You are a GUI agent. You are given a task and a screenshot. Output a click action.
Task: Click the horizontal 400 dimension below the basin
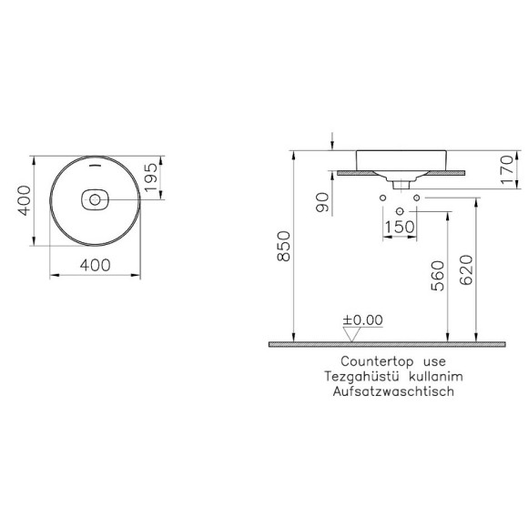click(96, 265)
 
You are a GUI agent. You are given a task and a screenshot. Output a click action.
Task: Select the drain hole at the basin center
click(96, 198)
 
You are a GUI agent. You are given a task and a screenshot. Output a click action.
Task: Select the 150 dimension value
click(400, 226)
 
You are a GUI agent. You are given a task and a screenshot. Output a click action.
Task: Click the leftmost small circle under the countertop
click(384, 198)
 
